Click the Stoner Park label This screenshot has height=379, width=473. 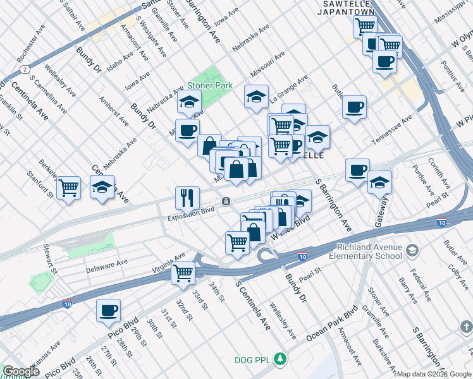[x=209, y=85]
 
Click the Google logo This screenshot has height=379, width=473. [x=21, y=371]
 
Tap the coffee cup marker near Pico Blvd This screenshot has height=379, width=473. [x=108, y=310]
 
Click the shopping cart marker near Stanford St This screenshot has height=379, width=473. [x=68, y=187]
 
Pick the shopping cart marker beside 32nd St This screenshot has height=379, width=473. [x=183, y=272]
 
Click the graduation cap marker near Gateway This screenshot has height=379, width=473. [x=379, y=182]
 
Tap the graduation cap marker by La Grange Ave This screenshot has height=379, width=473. [x=256, y=96]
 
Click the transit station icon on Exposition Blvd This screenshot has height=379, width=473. [x=225, y=201]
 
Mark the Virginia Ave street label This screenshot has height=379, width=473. [x=168, y=262]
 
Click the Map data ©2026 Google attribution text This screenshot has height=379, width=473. [x=433, y=374]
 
